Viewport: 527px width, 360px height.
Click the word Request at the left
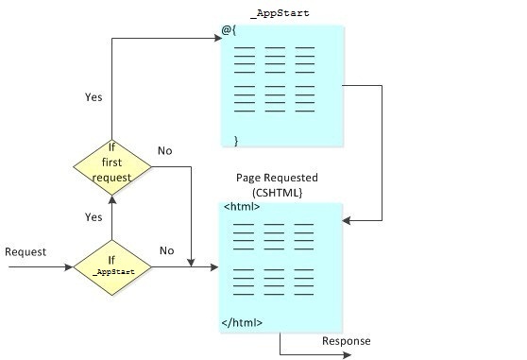pos(25,251)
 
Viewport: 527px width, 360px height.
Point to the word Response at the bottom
pos(347,341)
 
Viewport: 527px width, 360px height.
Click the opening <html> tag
pos(242,206)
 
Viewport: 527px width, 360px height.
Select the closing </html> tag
pos(243,323)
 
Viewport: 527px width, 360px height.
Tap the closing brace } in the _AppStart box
pos(236,140)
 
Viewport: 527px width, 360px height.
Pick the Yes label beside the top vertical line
pos(93,96)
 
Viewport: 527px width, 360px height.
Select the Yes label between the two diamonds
pos(93,216)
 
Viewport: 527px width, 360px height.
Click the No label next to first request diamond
pos(165,150)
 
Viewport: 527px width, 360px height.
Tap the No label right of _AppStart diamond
pos(167,250)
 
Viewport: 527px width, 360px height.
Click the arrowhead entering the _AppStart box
pos(214,39)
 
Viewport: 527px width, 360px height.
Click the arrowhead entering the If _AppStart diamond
pos(69,267)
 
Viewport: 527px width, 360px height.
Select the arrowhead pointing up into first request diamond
pos(111,201)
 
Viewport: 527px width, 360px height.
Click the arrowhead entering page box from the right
pos(348,220)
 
